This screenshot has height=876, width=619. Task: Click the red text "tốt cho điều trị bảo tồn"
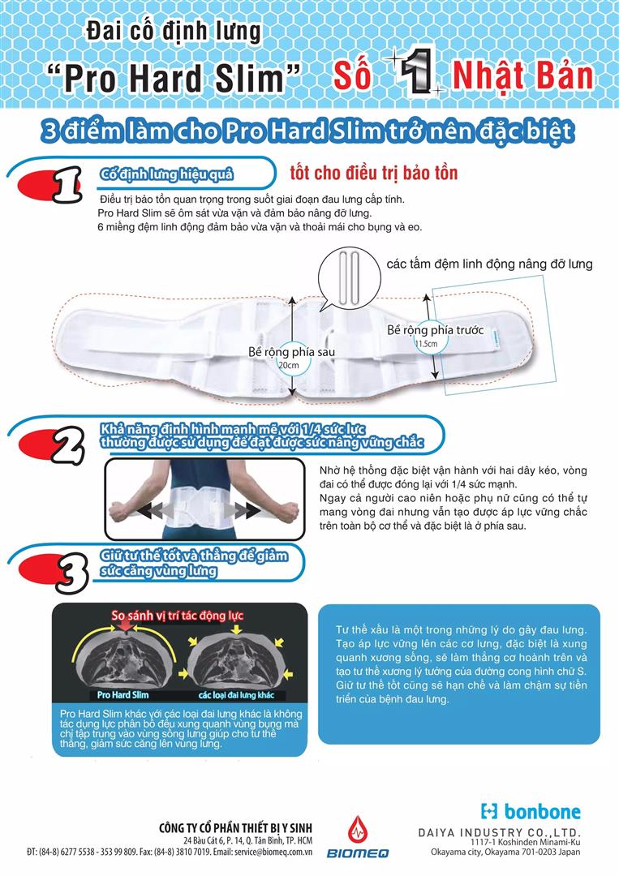pos(373,174)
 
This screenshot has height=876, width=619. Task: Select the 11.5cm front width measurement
pos(427,344)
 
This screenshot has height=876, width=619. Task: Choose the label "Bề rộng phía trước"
pos(435,330)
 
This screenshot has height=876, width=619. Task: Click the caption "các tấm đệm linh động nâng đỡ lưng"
pos(489,264)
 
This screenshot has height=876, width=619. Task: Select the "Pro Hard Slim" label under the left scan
pos(122,695)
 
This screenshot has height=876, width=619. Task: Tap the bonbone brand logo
pos(531,810)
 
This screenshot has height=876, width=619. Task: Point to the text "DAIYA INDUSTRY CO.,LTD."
pos(510,832)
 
